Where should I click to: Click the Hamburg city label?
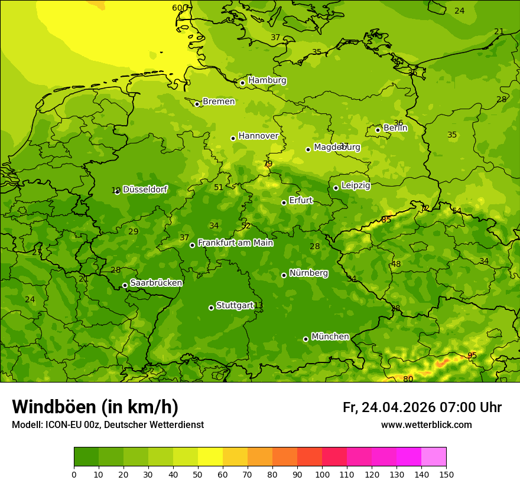pyautogui.click(x=267, y=80)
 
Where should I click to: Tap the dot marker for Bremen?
pyautogui.click(x=197, y=104)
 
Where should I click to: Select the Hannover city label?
pyautogui.click(x=258, y=136)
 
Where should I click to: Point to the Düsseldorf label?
pyautogui.click(x=145, y=190)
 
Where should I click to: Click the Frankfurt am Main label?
pyautogui.click(x=235, y=243)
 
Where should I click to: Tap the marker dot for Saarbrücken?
pyautogui.click(x=125, y=285)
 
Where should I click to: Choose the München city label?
pyautogui.click(x=330, y=337)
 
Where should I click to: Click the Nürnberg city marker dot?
pyautogui.click(x=284, y=275)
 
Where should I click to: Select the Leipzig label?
pyautogui.click(x=356, y=185)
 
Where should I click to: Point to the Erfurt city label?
pyautogui.click(x=301, y=201)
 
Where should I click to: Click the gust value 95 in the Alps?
pyautogui.click(x=472, y=355)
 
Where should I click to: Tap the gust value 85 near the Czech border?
pyautogui.click(x=386, y=220)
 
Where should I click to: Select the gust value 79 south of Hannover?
pyautogui.click(x=268, y=164)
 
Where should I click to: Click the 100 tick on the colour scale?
pyautogui.click(x=322, y=474)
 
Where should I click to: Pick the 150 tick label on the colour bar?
pyautogui.click(x=446, y=474)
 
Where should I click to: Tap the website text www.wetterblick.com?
pyautogui.click(x=426, y=424)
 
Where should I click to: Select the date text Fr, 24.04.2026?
pyautogui.click(x=389, y=407)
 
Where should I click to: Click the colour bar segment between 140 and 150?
pyautogui.click(x=434, y=456)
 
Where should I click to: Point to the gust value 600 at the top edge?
pyautogui.click(x=179, y=8)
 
